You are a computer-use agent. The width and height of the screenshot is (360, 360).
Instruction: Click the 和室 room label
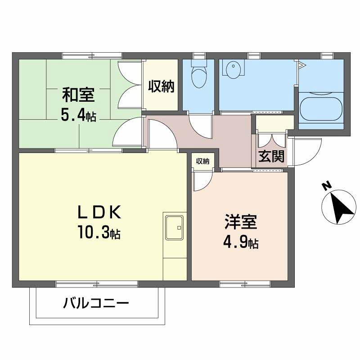tap(77, 95)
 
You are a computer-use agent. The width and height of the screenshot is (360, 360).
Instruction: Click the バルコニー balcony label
tap(96, 303)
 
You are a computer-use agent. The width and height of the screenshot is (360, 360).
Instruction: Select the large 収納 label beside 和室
tap(161, 85)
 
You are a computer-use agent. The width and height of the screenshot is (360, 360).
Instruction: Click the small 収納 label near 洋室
tap(202, 161)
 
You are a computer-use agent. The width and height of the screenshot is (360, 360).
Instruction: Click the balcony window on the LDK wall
tap(97, 283)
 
